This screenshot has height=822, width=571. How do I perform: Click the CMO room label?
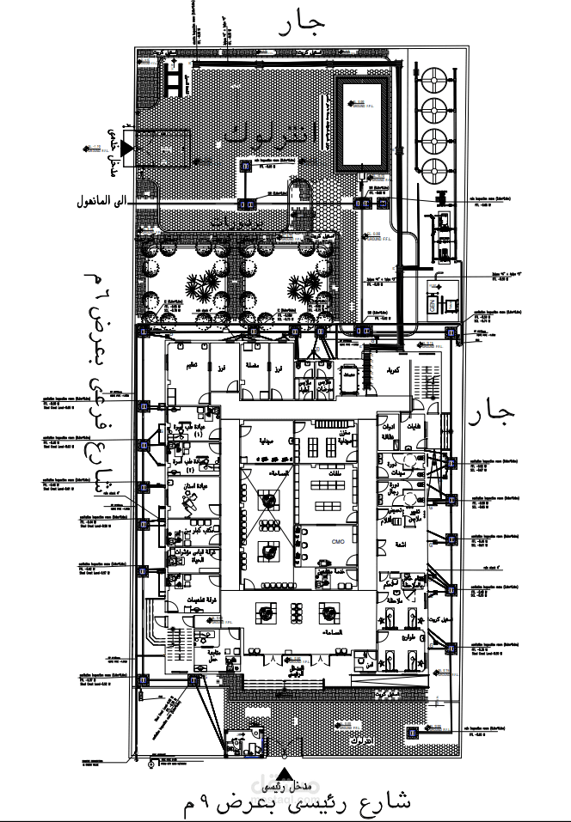click(337, 542)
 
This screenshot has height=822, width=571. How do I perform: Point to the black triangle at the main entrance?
click(289, 772)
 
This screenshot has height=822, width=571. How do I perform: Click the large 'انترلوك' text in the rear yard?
click(272, 134)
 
